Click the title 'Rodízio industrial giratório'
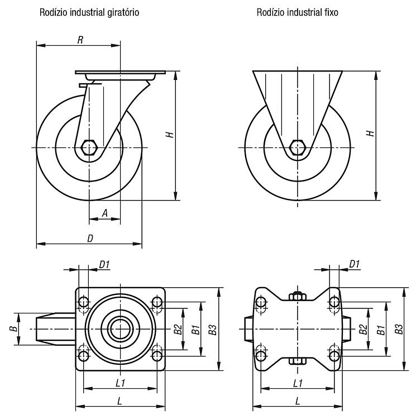click(89, 12)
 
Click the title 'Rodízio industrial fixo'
click(297, 12)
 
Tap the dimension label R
click(80, 40)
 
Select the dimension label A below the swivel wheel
click(105, 213)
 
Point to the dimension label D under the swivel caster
click(90, 239)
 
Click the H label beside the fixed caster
click(371, 134)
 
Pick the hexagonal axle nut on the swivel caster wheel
click(90, 147)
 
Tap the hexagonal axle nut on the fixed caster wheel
click(298, 147)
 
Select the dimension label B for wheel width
click(13, 328)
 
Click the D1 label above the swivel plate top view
click(104, 265)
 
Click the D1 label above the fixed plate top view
click(355, 264)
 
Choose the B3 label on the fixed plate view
click(399, 329)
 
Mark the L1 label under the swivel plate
click(121, 383)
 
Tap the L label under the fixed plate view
click(298, 401)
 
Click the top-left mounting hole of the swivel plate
click(84, 302)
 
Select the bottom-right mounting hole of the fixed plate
click(334, 356)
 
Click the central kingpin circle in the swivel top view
click(121, 329)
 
